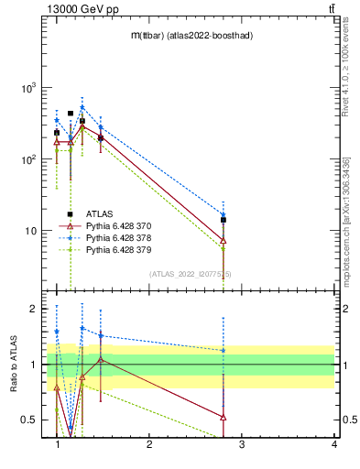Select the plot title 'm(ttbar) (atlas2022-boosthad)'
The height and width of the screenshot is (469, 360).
coord(191,35)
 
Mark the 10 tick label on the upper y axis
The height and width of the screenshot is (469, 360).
coord(28,231)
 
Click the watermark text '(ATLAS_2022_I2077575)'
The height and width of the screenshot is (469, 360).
coord(191,273)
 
